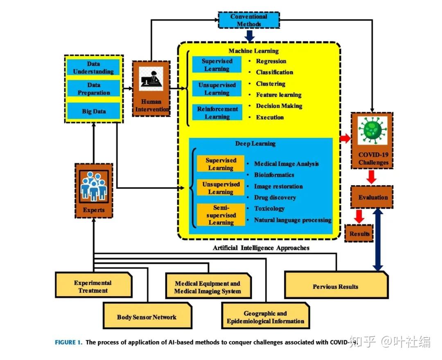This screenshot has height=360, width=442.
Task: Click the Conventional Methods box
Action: [249, 20]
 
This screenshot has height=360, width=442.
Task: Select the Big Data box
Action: [94, 111]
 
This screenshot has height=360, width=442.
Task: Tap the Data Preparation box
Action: [94, 88]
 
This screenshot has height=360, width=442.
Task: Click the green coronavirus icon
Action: [372, 130]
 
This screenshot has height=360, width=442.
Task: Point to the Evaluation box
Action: [372, 197]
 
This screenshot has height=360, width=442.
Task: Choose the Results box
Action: [359, 233]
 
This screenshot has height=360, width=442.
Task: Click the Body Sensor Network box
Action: [147, 316]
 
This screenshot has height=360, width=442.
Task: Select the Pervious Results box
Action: [336, 285]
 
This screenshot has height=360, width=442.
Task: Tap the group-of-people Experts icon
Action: [94, 186]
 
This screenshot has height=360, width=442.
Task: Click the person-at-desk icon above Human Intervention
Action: [151, 79]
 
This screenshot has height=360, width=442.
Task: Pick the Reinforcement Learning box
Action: [217, 113]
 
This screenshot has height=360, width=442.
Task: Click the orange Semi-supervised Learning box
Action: [221, 215]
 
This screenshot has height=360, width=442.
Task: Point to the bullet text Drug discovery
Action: [275, 197]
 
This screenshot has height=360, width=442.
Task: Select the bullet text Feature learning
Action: [279, 95]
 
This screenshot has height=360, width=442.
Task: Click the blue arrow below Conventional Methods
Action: [250, 36]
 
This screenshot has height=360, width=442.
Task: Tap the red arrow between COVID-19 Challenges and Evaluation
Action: [372, 177]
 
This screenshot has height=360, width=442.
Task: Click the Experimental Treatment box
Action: [94, 285]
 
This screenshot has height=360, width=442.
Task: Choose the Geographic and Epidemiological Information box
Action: [265, 316]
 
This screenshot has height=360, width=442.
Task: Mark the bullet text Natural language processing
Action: [293, 220]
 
